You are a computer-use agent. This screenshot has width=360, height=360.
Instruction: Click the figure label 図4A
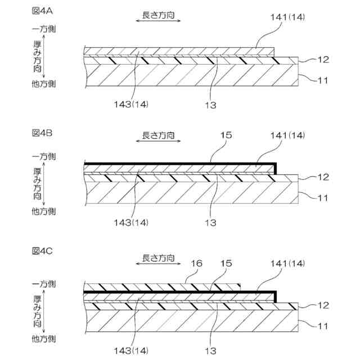pyautogui.click(x=42, y=10)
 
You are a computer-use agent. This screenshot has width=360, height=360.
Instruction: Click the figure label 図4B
pyautogui.click(x=42, y=133)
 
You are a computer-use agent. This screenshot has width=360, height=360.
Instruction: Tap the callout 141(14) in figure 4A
pyautogui.click(x=286, y=18)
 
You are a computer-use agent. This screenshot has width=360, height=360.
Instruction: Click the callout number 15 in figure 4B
pyautogui.click(x=224, y=136)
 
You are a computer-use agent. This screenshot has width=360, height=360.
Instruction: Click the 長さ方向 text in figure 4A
pyautogui.click(x=159, y=10)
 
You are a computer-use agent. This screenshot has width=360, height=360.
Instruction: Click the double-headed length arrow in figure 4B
pyautogui.click(x=159, y=145)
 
